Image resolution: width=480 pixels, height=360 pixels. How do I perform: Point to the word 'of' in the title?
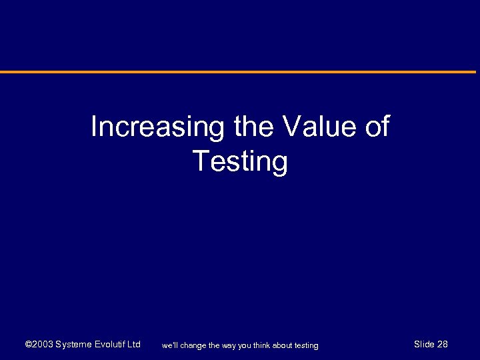click(377, 127)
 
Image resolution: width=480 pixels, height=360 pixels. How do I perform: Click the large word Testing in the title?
click(240, 162)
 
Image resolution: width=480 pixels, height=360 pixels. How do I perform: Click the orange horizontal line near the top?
click(240, 72)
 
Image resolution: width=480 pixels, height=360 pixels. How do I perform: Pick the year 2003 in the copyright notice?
click(43, 345)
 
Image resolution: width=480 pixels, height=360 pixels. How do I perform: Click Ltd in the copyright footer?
click(134, 345)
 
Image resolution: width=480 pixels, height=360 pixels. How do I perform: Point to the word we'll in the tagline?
click(170, 345)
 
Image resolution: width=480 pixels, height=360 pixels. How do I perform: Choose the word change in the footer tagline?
click(194, 345)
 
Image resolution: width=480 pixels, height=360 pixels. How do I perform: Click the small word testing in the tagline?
click(307, 345)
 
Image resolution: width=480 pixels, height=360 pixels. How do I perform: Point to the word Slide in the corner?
click(424, 345)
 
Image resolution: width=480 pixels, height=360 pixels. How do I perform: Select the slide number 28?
click(443, 345)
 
